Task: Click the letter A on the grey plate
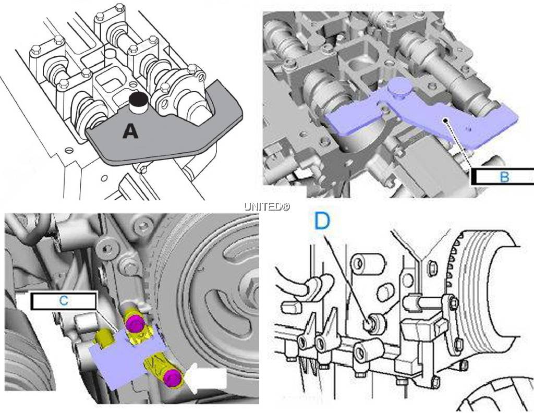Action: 130,131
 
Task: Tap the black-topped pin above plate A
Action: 138,103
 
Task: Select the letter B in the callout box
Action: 504,177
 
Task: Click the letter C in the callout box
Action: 64,301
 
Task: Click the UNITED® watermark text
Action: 267,206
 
